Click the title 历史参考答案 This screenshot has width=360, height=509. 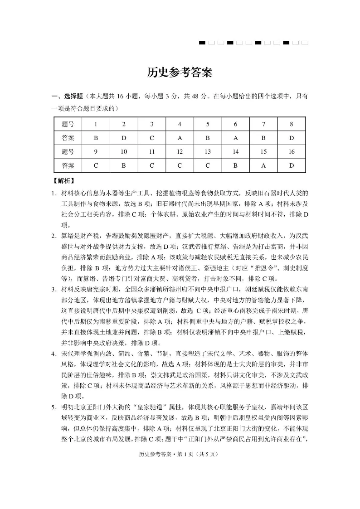click(x=180, y=73)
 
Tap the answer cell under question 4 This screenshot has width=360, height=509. click(x=180, y=137)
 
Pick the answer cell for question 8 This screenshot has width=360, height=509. click(x=291, y=137)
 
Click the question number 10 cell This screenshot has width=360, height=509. click(x=124, y=151)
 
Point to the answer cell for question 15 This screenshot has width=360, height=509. click(x=263, y=165)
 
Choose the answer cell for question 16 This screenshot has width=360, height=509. click(x=291, y=165)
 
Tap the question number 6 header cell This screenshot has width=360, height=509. click(x=235, y=124)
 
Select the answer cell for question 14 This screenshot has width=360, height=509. click(x=235, y=165)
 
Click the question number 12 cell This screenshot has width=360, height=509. click(x=180, y=151)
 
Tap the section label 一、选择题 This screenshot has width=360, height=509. click(x=67, y=96)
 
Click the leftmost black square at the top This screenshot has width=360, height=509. click(x=202, y=43)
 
